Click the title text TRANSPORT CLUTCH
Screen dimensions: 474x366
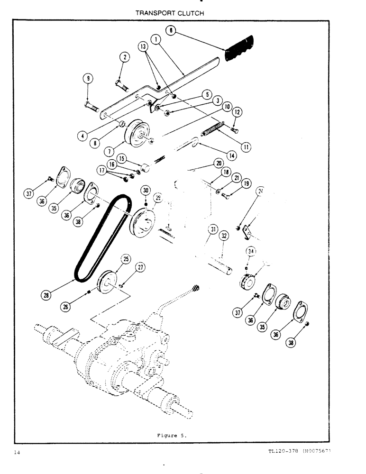pos(170,13)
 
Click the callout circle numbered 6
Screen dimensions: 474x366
pos(171,31)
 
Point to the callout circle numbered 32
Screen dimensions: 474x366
pos(224,235)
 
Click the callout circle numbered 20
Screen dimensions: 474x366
pos(219,162)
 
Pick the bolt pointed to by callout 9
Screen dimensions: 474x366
pos(91,104)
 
